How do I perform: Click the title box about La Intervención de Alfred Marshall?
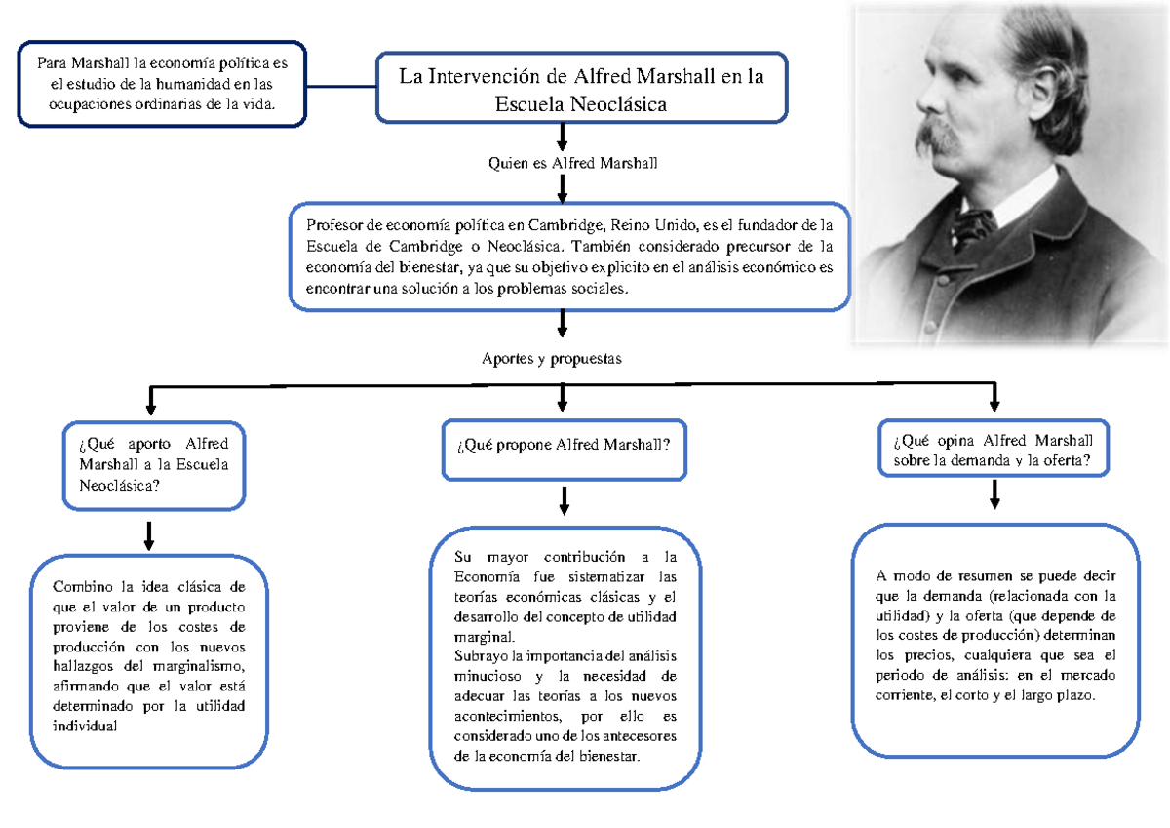(581, 88)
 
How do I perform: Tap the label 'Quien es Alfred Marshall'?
(572, 163)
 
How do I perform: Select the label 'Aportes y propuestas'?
(551, 358)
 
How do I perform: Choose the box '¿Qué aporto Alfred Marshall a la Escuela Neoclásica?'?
(153, 464)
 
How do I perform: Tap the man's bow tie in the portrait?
(974, 227)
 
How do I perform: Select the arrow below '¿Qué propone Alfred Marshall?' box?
(564, 500)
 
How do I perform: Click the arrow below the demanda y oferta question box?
(994, 494)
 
